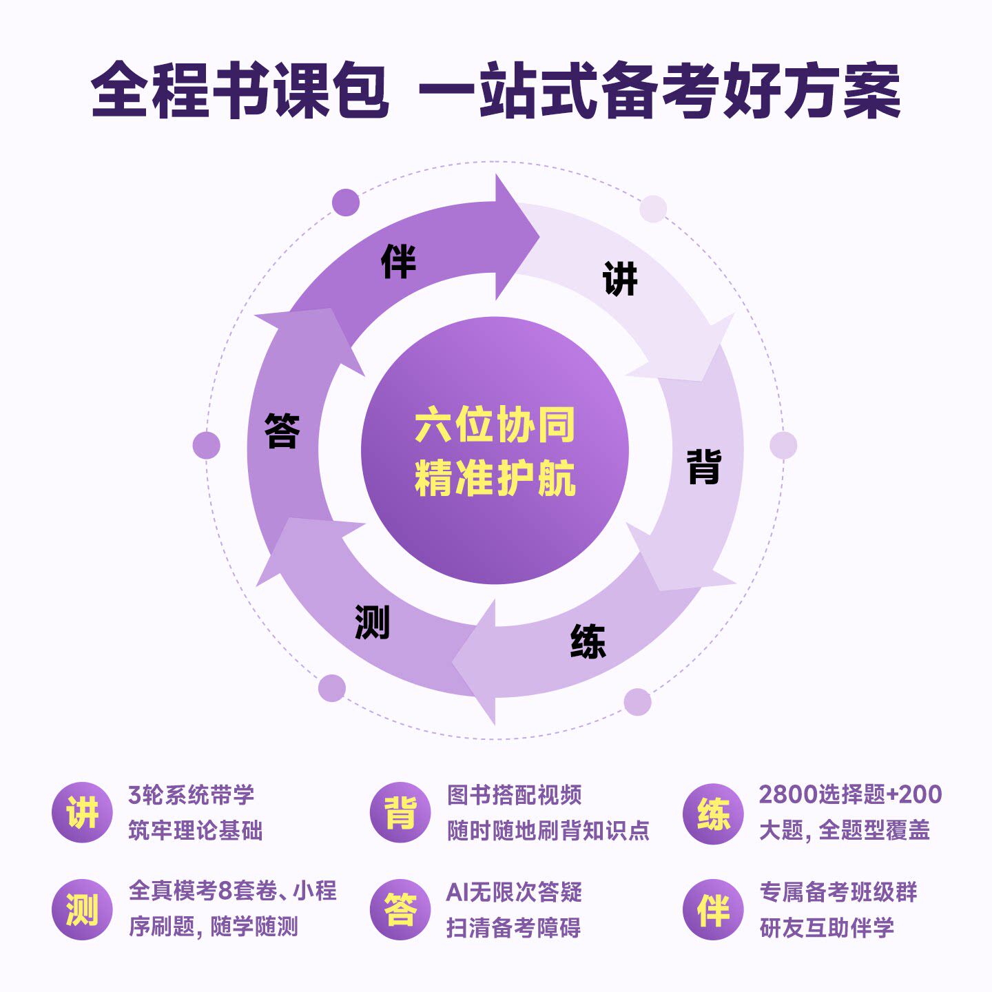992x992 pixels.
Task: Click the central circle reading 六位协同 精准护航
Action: (495, 451)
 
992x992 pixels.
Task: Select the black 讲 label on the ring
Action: (620, 279)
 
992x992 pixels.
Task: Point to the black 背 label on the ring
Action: (704, 466)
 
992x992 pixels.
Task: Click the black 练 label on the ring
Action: (588, 641)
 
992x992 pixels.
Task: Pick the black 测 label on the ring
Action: (372, 622)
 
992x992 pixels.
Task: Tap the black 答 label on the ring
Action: (282, 431)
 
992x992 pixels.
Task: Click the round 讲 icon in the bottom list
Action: (82, 813)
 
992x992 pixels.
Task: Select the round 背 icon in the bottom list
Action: (400, 813)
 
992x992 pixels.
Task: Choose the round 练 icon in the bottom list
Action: (713, 813)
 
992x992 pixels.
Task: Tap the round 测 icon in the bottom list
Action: (82, 909)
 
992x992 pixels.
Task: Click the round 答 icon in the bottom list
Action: (400, 909)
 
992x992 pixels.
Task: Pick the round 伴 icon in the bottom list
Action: (713, 909)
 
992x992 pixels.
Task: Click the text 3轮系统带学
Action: (192, 795)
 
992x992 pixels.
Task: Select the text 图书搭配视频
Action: (514, 795)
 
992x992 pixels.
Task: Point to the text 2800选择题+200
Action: (850, 794)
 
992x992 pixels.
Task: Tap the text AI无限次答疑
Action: (514, 892)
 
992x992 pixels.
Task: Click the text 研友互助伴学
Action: (827, 927)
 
